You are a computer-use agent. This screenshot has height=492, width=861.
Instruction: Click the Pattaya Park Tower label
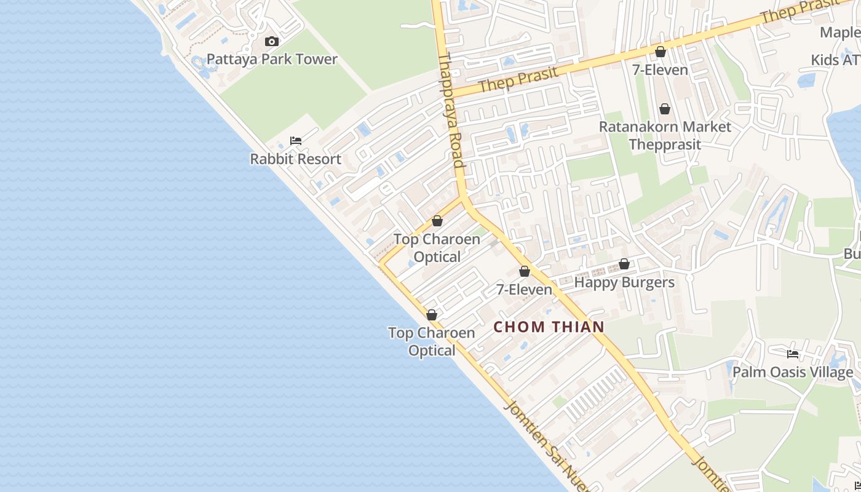click(272, 60)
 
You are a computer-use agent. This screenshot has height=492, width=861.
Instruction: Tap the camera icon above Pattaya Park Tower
click(271, 42)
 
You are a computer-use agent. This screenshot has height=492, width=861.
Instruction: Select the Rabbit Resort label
click(295, 159)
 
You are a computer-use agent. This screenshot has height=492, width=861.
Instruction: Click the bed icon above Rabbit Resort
click(296, 141)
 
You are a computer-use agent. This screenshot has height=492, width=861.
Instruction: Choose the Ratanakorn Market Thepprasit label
click(665, 135)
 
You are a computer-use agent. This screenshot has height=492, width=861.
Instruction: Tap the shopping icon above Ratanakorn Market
click(665, 109)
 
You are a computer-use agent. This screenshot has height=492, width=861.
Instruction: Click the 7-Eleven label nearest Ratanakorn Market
click(660, 70)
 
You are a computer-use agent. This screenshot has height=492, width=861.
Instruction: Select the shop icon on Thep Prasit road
click(660, 52)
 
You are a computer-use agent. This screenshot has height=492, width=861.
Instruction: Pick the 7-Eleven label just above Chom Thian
click(524, 289)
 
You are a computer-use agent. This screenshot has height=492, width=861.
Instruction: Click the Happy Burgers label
click(624, 282)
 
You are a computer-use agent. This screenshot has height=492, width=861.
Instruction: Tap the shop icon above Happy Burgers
click(624, 264)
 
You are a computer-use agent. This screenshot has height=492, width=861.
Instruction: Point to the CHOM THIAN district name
click(549, 327)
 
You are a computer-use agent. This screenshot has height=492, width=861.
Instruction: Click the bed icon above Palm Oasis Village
click(793, 354)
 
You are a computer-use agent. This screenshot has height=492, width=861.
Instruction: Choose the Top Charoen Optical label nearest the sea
click(432, 341)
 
